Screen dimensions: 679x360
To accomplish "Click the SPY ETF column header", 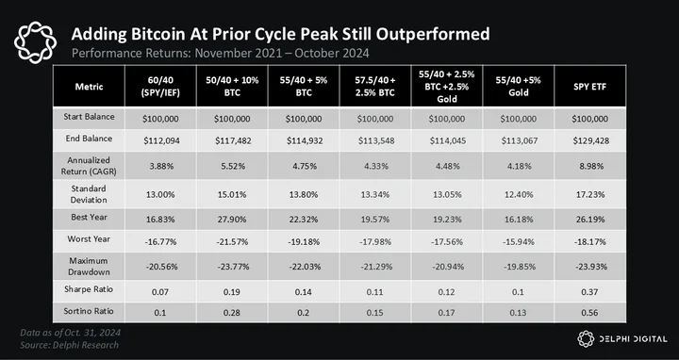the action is tap(589, 87).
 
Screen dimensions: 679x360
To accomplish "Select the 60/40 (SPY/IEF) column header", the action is tap(160, 86).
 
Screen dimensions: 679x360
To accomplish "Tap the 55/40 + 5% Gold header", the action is tap(519, 86).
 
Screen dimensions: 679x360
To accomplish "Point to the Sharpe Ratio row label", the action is tap(89, 289).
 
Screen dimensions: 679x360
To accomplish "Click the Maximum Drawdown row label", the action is tap(89, 267).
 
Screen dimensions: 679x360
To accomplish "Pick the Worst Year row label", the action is tap(89, 239).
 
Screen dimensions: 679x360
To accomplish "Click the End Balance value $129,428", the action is tap(590, 140).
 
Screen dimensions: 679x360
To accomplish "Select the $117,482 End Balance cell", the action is tap(232, 140).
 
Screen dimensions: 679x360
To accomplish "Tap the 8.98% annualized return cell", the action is tap(590, 166).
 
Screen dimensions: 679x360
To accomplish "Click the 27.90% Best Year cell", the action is tap(232, 220).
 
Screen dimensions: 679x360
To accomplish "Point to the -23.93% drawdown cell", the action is tap(590, 267).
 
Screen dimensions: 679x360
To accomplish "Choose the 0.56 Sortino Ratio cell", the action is tap(589, 312).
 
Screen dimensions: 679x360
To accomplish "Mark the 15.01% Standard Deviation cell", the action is tap(232, 195).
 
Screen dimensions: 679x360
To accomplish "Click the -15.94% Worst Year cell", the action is tap(519, 242).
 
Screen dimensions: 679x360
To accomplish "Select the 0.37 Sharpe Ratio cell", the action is tap(589, 292).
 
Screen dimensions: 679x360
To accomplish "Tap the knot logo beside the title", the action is tap(35, 42).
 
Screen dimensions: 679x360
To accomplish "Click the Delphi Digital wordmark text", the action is tap(633, 339).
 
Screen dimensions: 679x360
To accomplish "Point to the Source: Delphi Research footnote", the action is tap(69, 345).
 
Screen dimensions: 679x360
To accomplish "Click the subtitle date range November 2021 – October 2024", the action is tap(282, 53).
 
